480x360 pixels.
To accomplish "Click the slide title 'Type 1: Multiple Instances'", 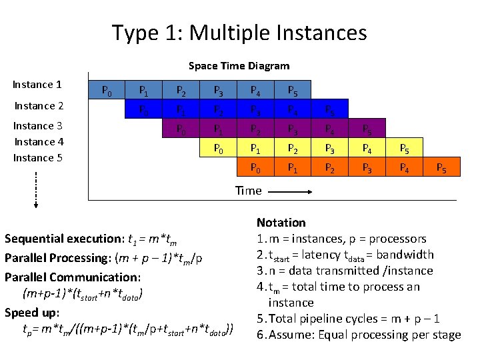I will point(239,32).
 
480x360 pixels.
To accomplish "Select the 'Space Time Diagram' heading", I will point(239,65).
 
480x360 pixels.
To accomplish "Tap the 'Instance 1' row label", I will point(37,85).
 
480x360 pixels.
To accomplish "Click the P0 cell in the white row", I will point(105,91).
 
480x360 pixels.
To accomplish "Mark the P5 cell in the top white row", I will point(293,91).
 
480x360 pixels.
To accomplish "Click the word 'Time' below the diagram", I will point(248,191).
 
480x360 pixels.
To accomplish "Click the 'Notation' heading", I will point(281,223).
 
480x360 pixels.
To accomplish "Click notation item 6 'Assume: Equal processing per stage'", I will point(359,335).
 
